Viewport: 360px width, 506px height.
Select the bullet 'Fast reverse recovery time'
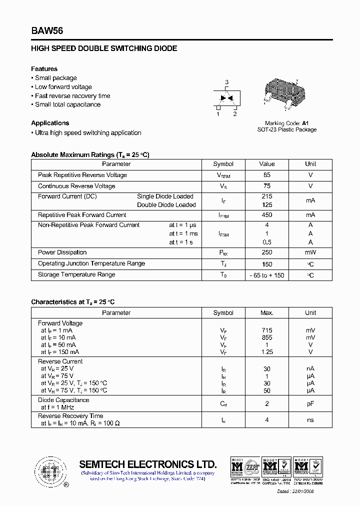pyautogui.click(x=72, y=96)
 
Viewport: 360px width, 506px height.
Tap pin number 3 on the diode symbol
pyautogui.click(x=226, y=82)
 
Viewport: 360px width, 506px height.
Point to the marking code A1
pyautogui.click(x=305, y=123)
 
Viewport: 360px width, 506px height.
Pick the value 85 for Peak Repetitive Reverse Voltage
pyautogui.click(x=267, y=175)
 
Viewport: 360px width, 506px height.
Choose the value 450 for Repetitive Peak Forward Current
pyautogui.click(x=267, y=215)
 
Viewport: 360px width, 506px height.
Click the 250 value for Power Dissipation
pyautogui.click(x=267, y=252)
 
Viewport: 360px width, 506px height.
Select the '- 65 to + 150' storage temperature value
pyautogui.click(x=267, y=275)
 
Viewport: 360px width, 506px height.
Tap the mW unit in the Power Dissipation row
pyautogui.click(x=310, y=252)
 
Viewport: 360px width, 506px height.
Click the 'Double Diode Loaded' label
pyautogui.click(x=166, y=205)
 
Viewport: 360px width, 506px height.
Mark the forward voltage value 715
pyautogui.click(x=267, y=330)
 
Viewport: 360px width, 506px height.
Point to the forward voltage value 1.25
pyautogui.click(x=267, y=352)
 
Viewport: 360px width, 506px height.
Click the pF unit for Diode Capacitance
pyautogui.click(x=310, y=403)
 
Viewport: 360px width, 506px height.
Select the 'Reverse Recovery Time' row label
pyautogui.click(x=70, y=416)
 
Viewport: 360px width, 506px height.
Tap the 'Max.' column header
pyautogui.click(x=267, y=313)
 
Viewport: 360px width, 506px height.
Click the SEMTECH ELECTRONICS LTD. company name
pyautogui.click(x=148, y=464)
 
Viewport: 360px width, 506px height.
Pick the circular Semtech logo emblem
pyautogui.click(x=49, y=471)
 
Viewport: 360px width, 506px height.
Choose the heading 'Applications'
pyautogui.click(x=50, y=123)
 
